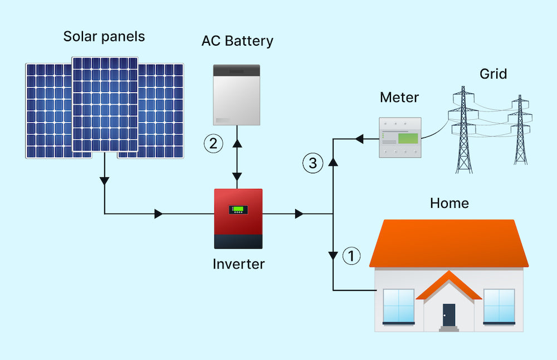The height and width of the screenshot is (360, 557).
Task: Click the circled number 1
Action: (x=351, y=256)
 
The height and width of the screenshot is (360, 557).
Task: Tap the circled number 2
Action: (x=213, y=144)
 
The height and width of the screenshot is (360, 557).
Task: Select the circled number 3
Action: (x=312, y=163)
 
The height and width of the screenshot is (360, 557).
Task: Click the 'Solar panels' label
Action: (x=104, y=37)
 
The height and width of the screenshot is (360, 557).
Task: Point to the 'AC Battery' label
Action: (x=237, y=41)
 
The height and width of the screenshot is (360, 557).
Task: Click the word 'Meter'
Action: (x=399, y=98)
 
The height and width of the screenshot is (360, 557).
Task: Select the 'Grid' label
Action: (x=493, y=74)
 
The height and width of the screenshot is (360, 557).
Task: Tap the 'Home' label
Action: (x=449, y=203)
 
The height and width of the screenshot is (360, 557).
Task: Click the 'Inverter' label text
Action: (x=238, y=264)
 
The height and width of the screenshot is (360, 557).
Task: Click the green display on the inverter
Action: (x=238, y=210)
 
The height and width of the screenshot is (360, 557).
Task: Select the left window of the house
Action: (x=398, y=306)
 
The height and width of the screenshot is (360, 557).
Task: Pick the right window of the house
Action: (x=499, y=306)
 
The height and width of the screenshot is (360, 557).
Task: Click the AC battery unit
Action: (x=237, y=95)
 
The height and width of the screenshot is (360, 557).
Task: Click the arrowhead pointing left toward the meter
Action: (x=360, y=138)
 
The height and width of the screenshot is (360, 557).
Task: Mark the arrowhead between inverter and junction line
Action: (x=299, y=213)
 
